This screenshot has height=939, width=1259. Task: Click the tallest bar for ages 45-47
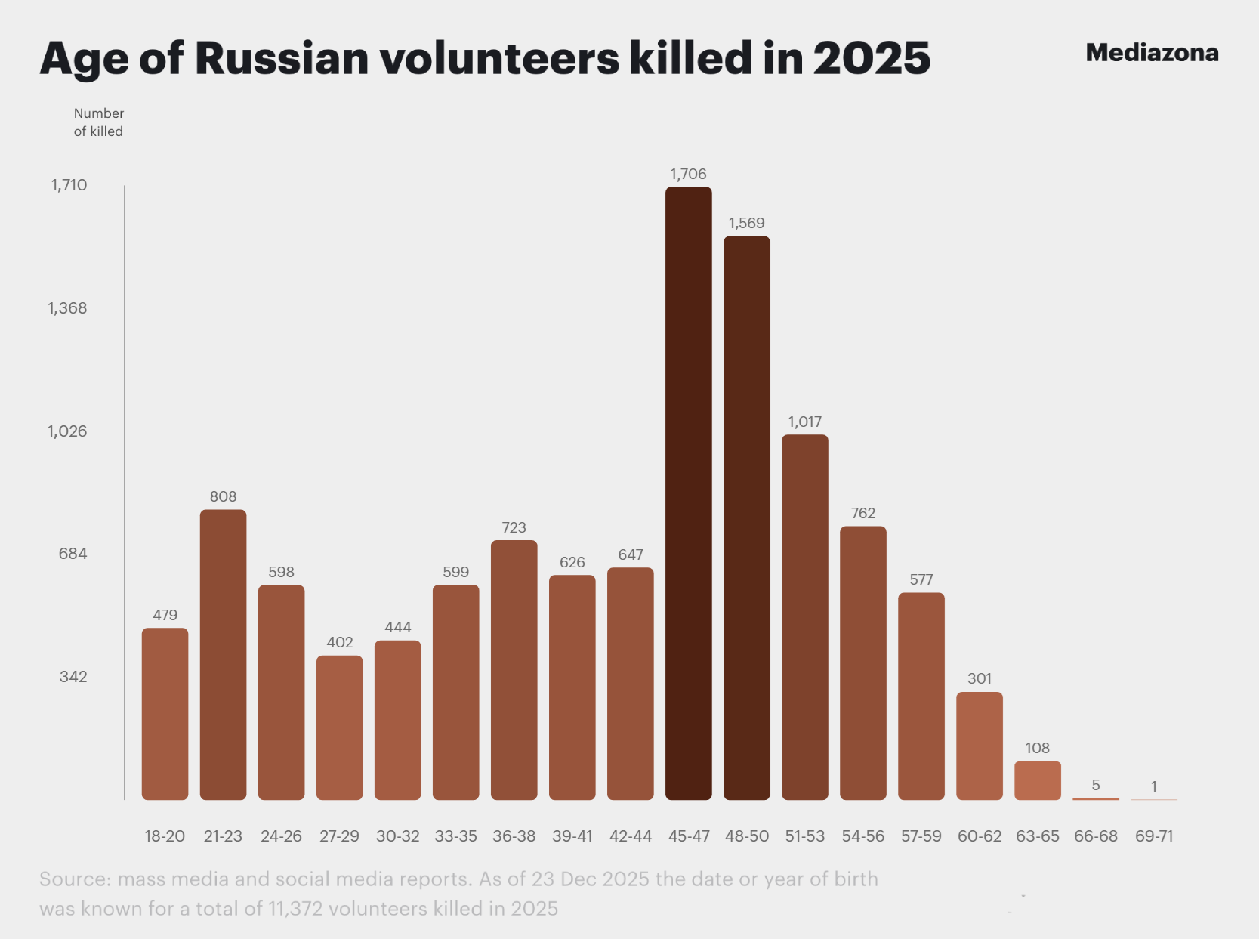[x=688, y=493]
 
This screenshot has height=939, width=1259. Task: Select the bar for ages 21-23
[x=223, y=654]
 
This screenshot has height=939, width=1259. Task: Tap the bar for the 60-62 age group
[x=979, y=746]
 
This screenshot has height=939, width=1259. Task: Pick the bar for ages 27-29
[x=339, y=727]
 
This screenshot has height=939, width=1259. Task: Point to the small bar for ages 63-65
[x=1037, y=780]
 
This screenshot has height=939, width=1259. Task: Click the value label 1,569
[x=746, y=223]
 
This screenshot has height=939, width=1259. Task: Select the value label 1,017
[x=804, y=422]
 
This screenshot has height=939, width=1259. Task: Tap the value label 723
[x=514, y=527]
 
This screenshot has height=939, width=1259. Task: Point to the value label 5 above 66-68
[x=1095, y=785]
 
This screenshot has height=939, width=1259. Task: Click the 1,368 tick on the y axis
[x=67, y=307]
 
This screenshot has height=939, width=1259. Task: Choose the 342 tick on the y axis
[x=73, y=676]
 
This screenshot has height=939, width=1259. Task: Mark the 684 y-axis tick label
[x=73, y=553]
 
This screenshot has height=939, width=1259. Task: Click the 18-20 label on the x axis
[x=165, y=836]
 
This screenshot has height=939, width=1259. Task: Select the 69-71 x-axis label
[x=1153, y=836]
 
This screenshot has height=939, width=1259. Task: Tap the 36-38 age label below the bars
[x=514, y=836]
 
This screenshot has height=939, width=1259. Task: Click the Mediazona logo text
[x=1152, y=53]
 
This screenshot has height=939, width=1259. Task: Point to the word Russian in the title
[x=282, y=58]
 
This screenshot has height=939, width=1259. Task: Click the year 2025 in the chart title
[x=872, y=58]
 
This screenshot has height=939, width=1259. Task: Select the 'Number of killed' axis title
[x=98, y=122]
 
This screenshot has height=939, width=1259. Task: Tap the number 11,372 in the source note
[x=295, y=908]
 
